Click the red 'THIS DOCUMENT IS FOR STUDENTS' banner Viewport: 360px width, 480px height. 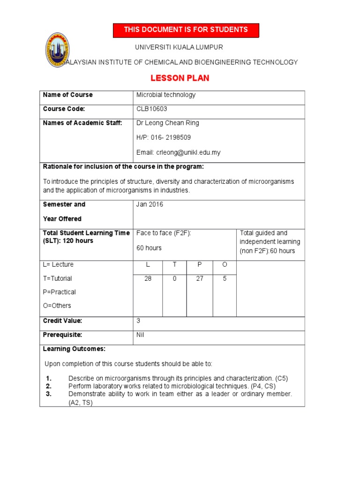(x=186, y=30)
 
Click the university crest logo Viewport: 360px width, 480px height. (x=57, y=50)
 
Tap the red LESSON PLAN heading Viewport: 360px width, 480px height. (x=180, y=78)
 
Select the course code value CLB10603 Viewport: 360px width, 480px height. (x=151, y=109)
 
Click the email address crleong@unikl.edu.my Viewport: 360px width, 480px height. (x=178, y=152)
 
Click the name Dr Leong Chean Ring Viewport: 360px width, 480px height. (x=167, y=123)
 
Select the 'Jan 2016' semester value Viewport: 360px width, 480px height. (x=150, y=205)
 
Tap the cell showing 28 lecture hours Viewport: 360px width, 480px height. (x=148, y=278)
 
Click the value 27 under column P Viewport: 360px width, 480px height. (x=200, y=278)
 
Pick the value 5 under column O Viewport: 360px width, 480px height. (x=225, y=278)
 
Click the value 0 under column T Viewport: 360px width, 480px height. (x=175, y=278)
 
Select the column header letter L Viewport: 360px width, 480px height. (x=148, y=265)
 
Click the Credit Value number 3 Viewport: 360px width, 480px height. (x=138, y=321)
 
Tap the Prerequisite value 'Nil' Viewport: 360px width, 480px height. (x=141, y=335)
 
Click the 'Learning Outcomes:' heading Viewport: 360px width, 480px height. (x=74, y=349)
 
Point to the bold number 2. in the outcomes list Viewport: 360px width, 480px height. (x=48, y=386)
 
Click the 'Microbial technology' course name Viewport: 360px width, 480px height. (x=165, y=95)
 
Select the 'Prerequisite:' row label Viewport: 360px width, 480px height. (x=62, y=335)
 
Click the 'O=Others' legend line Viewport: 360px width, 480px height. (x=57, y=306)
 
